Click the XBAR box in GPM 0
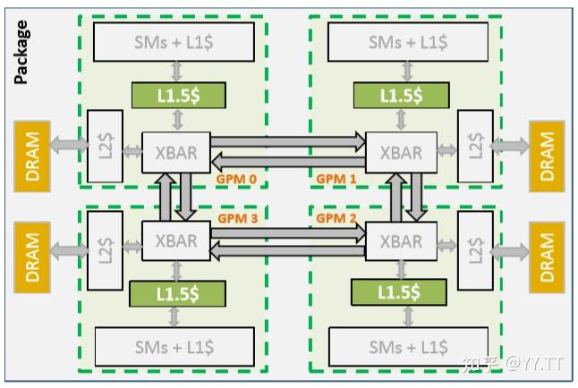coord(176,152)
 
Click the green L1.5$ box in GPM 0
coord(177,95)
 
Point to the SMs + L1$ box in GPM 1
coord(408,41)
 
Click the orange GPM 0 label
coord(236,179)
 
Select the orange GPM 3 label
coord(236,217)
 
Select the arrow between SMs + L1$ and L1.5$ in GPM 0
coord(177,71)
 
